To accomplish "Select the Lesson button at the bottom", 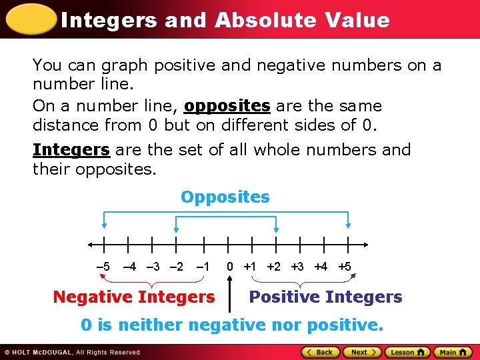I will tap(408, 352).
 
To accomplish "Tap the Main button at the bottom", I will tap(453, 352).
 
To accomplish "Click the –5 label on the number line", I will tap(103, 267).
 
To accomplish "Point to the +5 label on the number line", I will tap(344, 267).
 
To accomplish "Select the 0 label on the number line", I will tap(229, 267).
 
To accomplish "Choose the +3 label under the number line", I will tap(297, 267).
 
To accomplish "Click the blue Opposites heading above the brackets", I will tap(225, 197).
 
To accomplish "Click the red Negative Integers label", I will tap(134, 297).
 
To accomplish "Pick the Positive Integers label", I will tap(325, 297).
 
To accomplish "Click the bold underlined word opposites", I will tap(227, 106).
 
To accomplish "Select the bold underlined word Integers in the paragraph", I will tap(71, 150).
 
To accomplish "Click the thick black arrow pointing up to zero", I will tap(229, 297).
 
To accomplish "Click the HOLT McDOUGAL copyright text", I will tap(73, 352).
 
